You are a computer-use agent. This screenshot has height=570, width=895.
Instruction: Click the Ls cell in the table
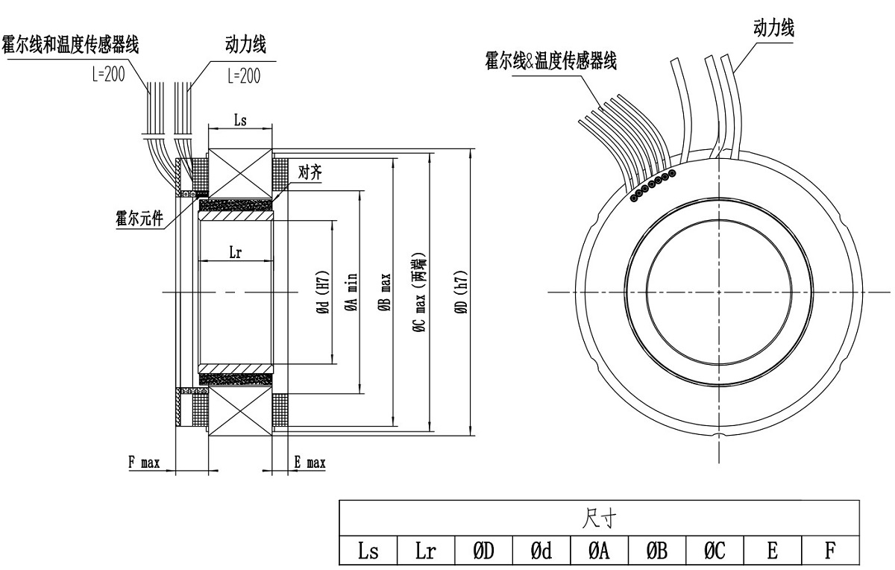tap(368, 551)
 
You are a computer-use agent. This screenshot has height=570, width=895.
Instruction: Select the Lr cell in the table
tap(426, 551)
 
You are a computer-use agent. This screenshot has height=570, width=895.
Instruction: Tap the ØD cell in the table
tap(483, 551)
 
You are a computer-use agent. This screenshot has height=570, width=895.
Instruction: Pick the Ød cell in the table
tap(541, 551)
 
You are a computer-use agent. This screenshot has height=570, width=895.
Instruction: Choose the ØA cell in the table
tap(599, 551)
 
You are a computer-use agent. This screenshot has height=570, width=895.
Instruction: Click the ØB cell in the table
tap(657, 551)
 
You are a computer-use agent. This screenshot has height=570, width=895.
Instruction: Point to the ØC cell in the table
tap(715, 551)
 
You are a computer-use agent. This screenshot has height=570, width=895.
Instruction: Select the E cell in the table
tap(773, 551)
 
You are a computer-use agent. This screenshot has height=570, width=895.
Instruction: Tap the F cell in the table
tap(830, 551)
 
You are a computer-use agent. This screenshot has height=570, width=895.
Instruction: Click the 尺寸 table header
tap(599, 517)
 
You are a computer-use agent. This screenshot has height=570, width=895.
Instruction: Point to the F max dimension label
tap(144, 463)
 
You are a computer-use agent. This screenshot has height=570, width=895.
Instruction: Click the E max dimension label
tap(310, 463)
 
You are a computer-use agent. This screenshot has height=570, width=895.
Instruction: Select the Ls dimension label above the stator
tap(240, 120)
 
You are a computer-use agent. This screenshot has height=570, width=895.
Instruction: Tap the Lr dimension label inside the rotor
tap(234, 252)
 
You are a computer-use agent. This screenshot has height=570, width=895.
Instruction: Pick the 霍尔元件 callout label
tap(139, 221)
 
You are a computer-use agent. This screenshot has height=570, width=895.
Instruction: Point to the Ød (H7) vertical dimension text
tap(323, 292)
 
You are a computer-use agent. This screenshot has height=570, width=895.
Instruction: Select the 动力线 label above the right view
tap(774, 28)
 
